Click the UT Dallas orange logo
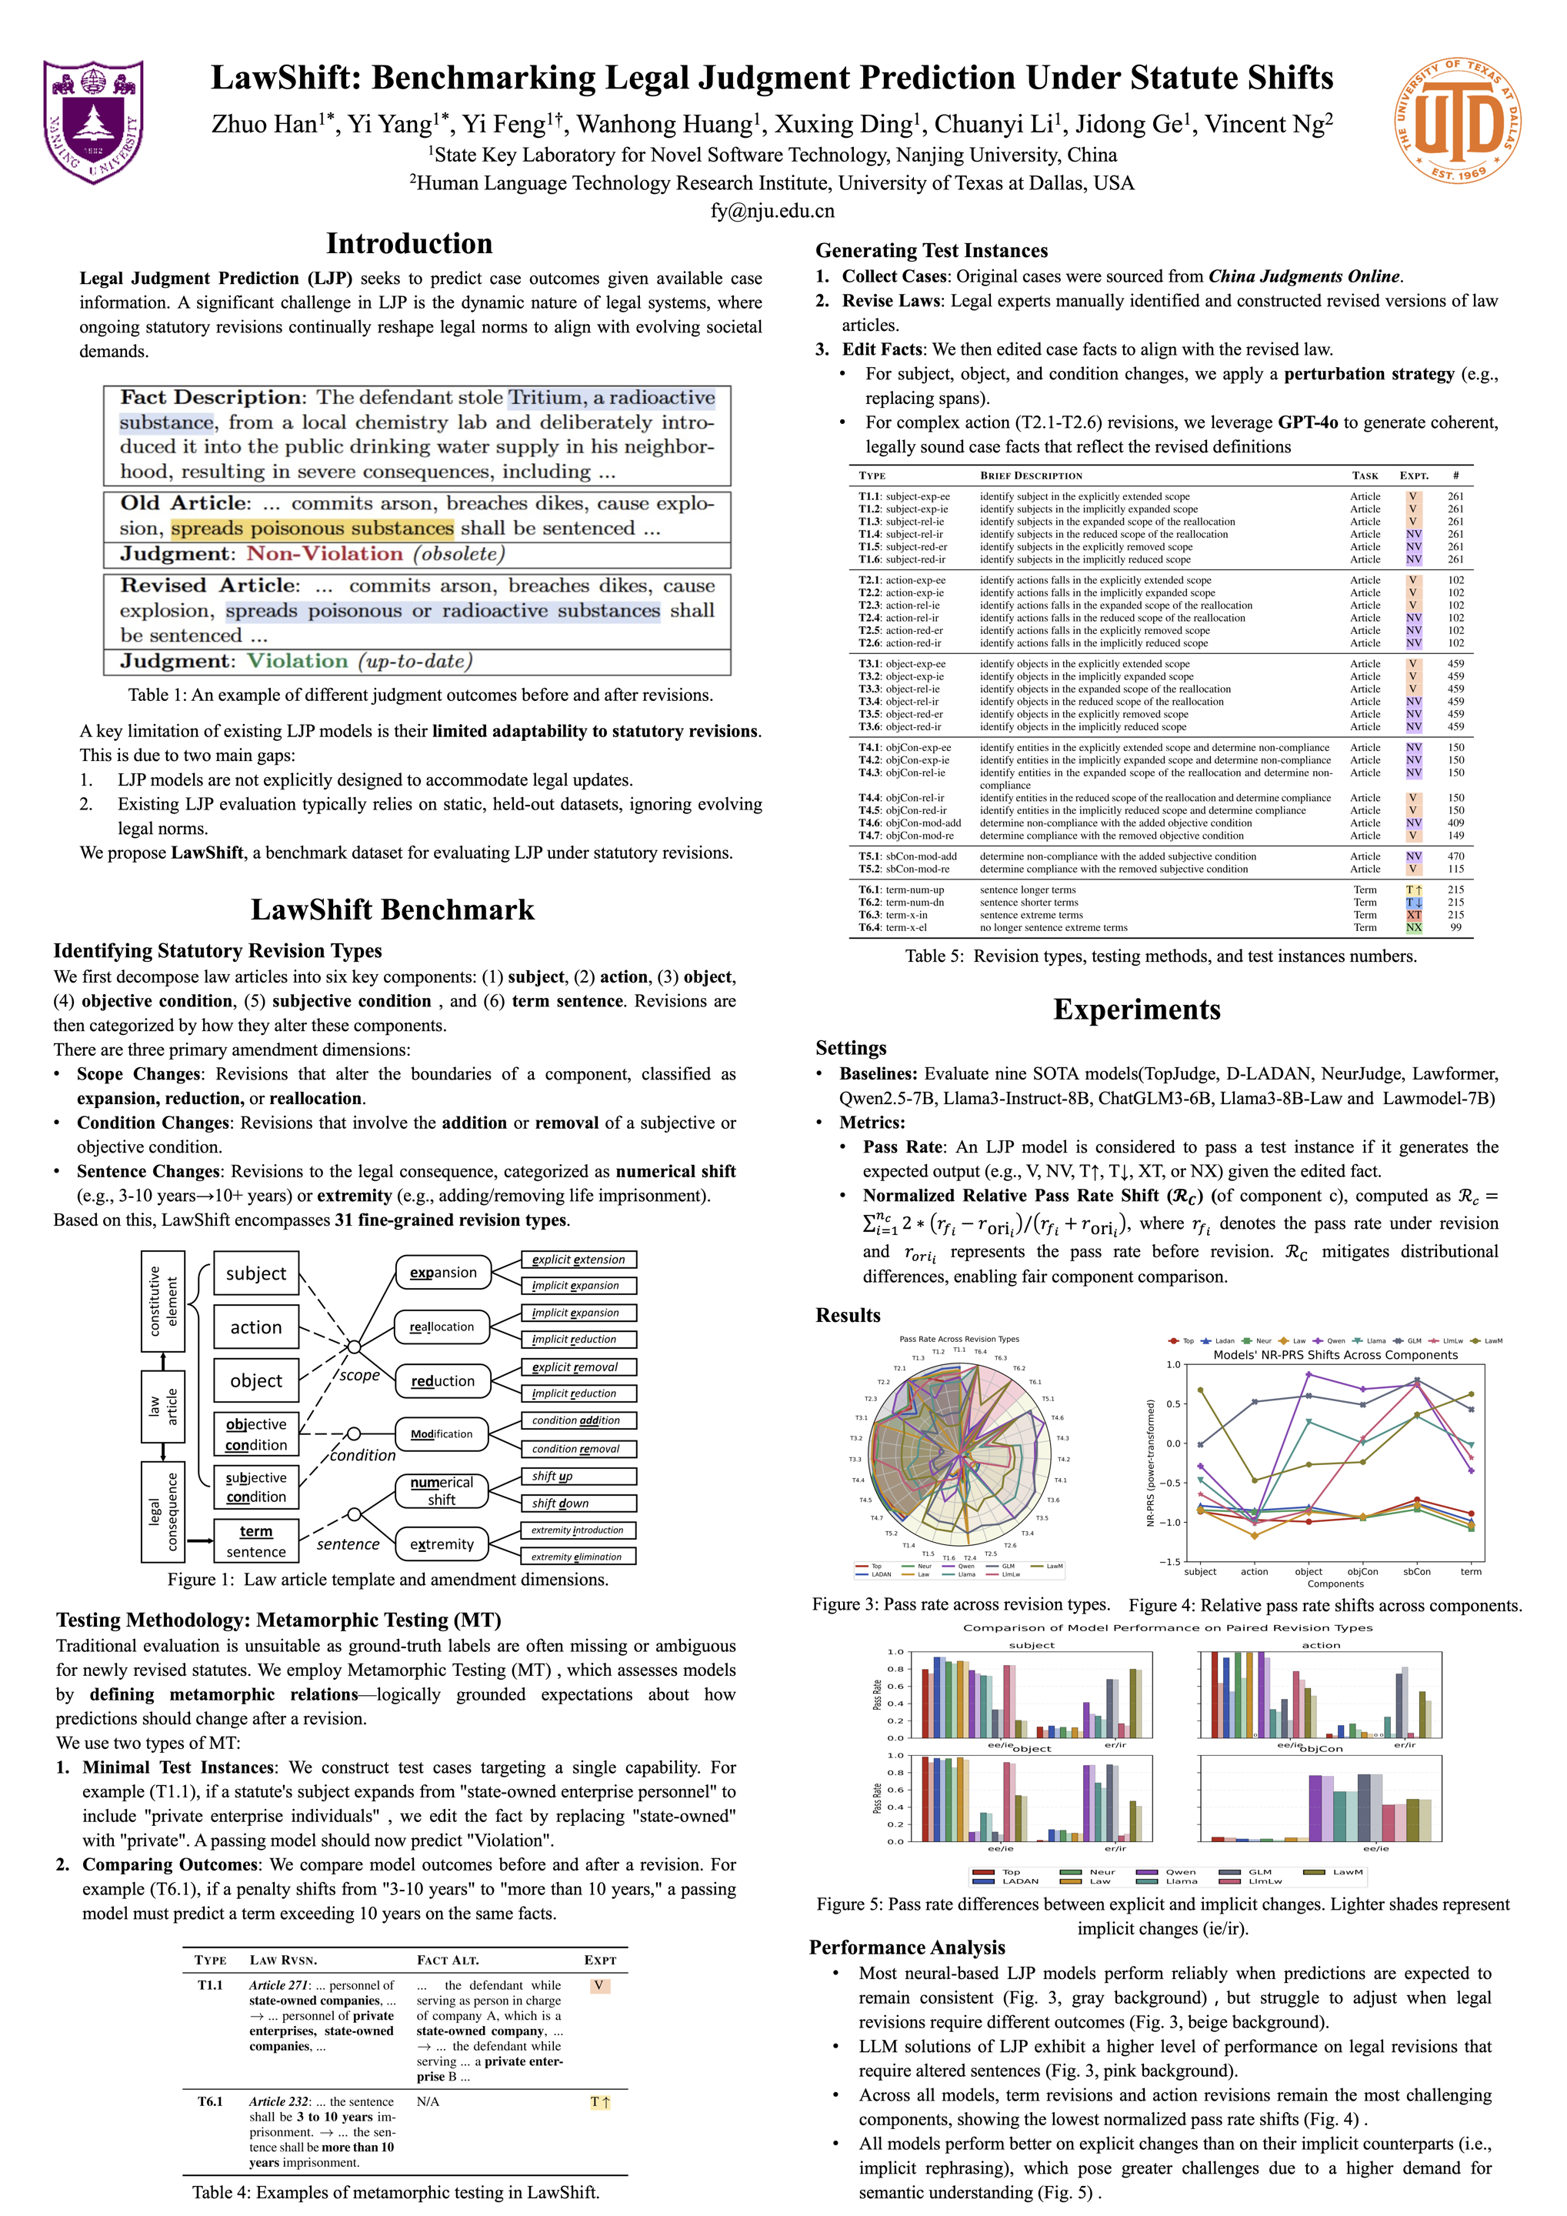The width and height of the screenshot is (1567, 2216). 1456,121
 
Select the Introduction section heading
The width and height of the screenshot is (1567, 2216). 409,243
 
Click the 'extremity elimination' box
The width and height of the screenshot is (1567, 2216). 577,1556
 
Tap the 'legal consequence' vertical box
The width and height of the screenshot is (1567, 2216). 162,1511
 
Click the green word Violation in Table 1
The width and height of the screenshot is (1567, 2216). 297,661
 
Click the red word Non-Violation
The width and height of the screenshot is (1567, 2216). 324,554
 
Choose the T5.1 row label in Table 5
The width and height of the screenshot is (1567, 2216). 870,856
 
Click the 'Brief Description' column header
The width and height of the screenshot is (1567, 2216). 1031,476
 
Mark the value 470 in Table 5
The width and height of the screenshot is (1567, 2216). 1455,856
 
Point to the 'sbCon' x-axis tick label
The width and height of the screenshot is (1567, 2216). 1416,1571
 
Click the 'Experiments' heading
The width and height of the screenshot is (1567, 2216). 1137,1010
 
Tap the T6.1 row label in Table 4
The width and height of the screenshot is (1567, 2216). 210,2101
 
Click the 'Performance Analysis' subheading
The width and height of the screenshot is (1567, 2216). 907,1947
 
